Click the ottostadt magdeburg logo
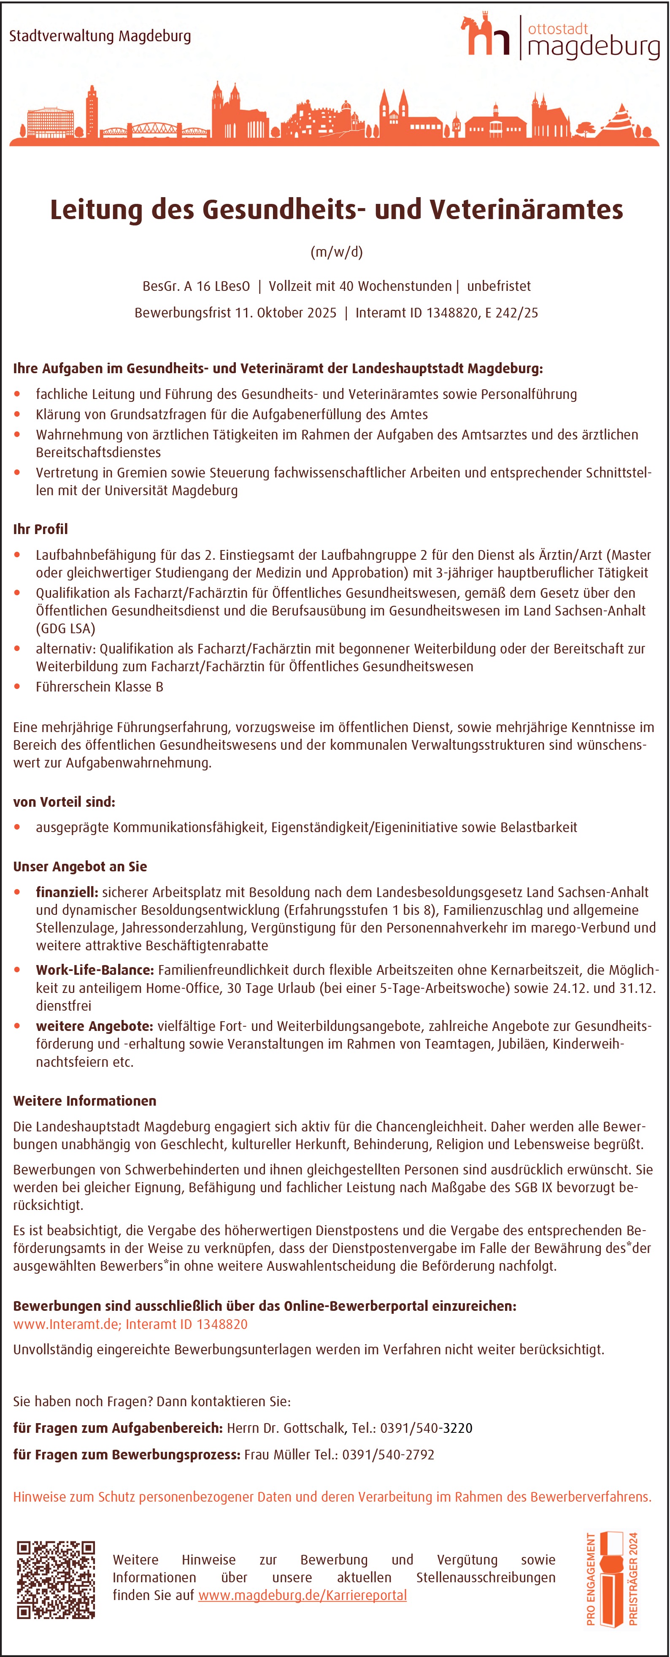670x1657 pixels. point(560,37)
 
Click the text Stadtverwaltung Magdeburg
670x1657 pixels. point(100,36)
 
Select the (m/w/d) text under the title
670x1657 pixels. point(336,252)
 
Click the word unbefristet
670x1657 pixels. point(499,286)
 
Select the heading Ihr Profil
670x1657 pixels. point(41,529)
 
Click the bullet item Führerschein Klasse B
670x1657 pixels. point(100,686)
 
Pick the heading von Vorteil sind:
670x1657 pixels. point(64,802)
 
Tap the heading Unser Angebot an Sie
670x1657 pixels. point(80,866)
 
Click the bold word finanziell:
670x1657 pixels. point(67,892)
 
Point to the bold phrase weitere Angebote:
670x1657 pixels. point(95,1026)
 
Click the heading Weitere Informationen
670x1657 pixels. point(85,1101)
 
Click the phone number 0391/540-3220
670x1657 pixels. point(426,1428)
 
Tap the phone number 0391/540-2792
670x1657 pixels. point(388,1454)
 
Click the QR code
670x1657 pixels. point(56,1579)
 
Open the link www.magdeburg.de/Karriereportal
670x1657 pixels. point(302,1595)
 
